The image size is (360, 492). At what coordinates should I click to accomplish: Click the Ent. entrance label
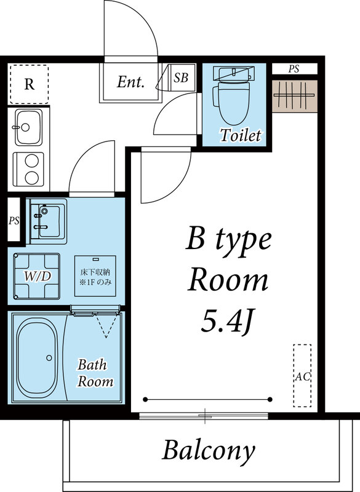tap(130, 82)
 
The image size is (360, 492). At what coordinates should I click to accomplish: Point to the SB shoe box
tap(181, 78)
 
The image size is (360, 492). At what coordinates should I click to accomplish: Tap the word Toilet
tap(241, 135)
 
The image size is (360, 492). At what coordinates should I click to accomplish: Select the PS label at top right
tap(294, 69)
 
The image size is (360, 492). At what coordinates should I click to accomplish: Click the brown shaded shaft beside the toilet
tap(295, 95)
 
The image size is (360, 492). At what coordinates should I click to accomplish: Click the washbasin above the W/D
tap(47, 221)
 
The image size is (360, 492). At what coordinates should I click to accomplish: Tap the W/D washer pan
tap(36, 276)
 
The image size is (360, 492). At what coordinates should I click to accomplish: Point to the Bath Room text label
tap(95, 373)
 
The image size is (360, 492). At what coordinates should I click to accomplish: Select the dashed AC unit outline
tap(302, 375)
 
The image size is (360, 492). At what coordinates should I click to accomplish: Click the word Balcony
tap(208, 451)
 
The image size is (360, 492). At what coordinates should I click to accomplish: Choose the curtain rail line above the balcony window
tap(207, 399)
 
